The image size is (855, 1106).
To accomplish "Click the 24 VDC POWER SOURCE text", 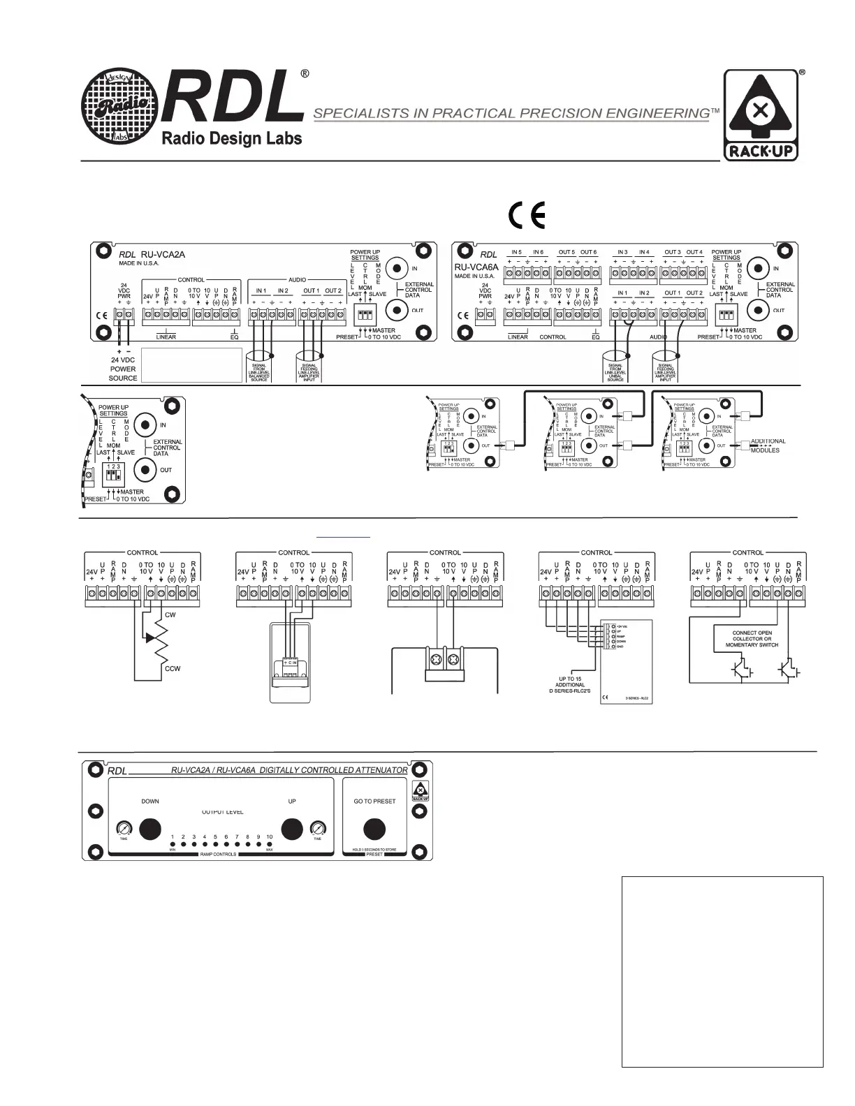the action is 122,369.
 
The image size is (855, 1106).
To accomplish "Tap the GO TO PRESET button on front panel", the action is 374,829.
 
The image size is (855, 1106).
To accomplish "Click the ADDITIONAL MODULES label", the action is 768,445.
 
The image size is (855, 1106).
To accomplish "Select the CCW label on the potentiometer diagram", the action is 173,669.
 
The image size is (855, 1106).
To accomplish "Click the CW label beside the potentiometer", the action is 170,615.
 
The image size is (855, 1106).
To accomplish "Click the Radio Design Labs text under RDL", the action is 232,138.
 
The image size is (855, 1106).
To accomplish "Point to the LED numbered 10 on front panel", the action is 269,844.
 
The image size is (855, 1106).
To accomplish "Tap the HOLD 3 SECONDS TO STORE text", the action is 374,850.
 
